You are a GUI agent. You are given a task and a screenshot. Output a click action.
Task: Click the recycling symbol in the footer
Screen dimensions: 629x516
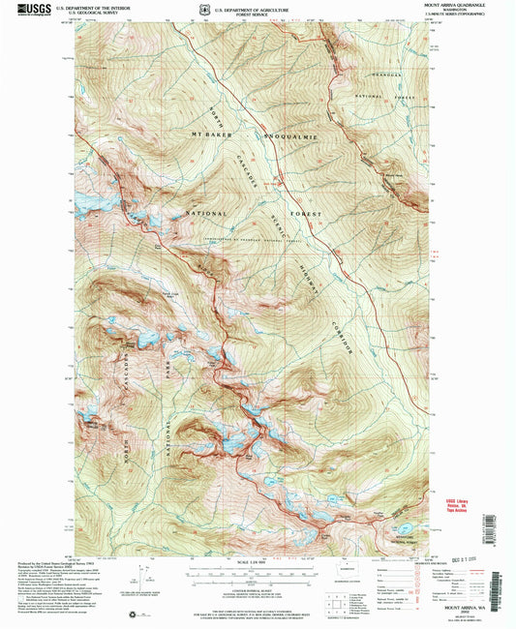coord(137,613)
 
